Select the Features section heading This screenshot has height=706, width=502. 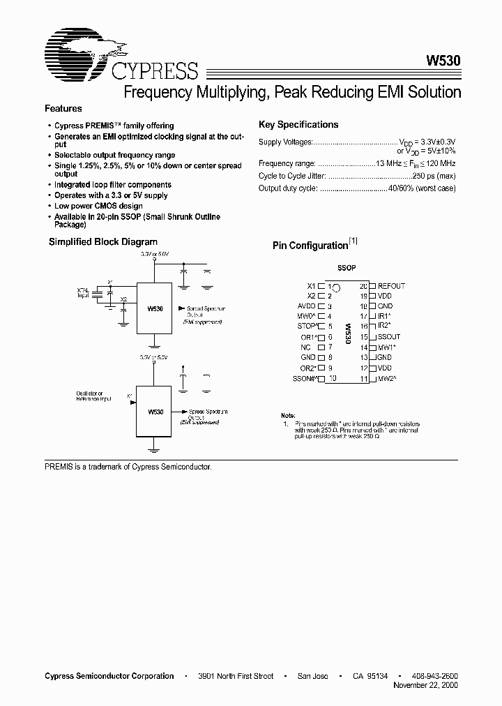click(63, 109)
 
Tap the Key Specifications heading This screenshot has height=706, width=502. click(298, 125)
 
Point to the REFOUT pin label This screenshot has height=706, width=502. click(391, 286)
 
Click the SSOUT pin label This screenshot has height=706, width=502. click(389, 337)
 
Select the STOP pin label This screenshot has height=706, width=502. click(306, 326)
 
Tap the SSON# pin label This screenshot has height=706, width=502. click(305, 378)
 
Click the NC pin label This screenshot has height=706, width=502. click(306, 347)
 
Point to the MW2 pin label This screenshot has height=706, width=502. click(387, 378)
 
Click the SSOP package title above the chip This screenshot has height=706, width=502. click(347, 268)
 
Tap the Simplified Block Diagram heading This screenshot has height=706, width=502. click(102, 242)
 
